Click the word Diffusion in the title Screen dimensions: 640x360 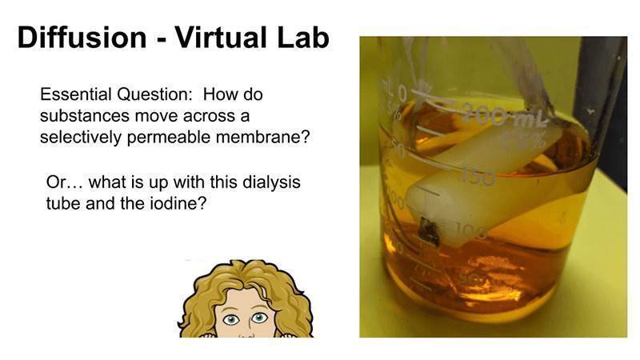(82, 38)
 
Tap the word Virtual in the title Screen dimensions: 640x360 (222, 38)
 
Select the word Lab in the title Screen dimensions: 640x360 (303, 38)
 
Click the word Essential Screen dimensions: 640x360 (75, 94)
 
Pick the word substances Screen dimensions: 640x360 (85, 116)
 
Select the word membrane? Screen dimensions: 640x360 (263, 137)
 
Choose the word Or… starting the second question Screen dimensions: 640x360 (65, 182)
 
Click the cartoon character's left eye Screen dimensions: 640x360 (231, 319)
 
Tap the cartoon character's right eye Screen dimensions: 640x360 (259, 317)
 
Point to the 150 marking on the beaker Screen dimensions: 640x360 (478, 177)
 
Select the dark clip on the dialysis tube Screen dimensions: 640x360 (430, 231)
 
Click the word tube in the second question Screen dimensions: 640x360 (63, 203)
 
